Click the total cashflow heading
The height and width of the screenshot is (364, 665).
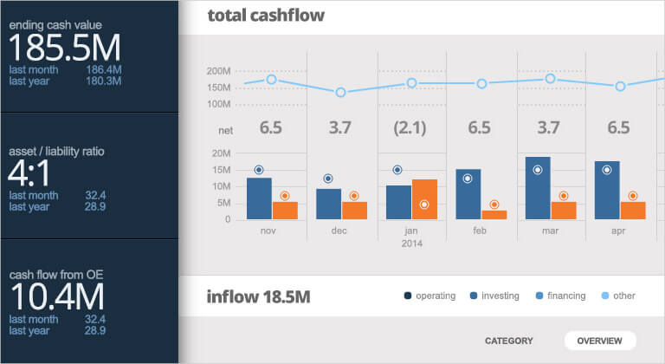click(x=267, y=16)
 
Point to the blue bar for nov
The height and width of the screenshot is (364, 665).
click(x=259, y=198)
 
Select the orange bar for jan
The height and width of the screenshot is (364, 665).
click(x=424, y=199)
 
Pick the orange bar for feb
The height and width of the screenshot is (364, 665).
click(x=494, y=215)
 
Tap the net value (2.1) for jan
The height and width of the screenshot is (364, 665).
click(x=410, y=128)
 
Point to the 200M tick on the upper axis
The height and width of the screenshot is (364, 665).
click(x=219, y=71)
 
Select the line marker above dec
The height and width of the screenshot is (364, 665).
click(x=341, y=92)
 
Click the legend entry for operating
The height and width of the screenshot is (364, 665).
click(x=429, y=296)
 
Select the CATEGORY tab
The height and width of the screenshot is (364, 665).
click(x=508, y=341)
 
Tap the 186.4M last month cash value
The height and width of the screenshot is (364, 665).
click(x=104, y=68)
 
